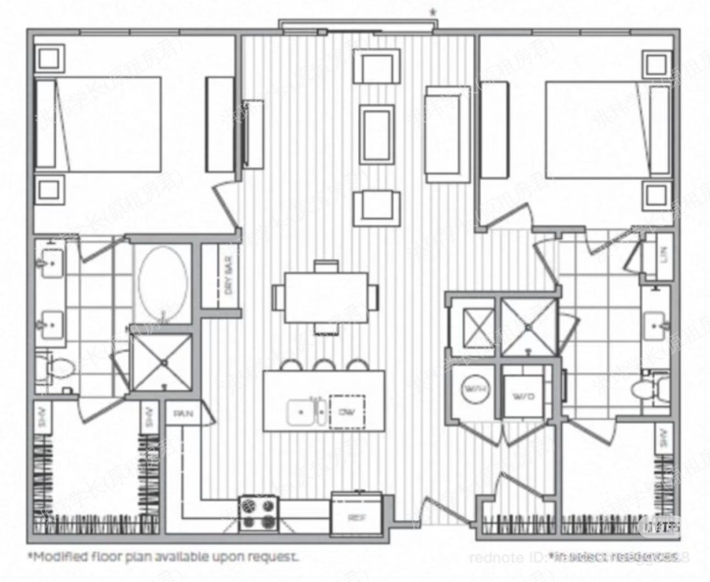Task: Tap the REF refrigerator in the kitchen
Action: (356, 514)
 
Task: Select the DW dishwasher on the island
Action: (347, 411)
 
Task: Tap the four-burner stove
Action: (258, 514)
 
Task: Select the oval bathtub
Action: (163, 283)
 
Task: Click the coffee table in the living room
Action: (377, 134)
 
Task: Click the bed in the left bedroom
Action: (100, 125)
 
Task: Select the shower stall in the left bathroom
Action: (161, 363)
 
